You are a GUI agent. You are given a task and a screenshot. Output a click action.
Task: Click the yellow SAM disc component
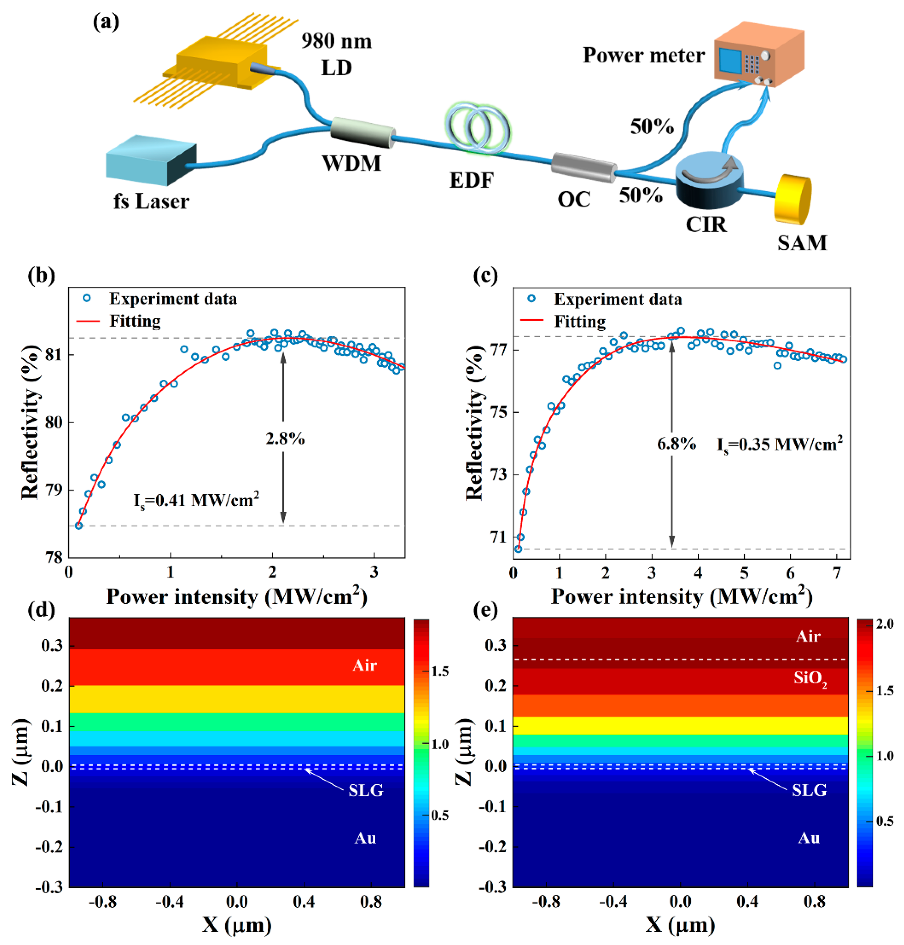tap(792, 200)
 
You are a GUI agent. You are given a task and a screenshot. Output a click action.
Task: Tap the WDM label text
tap(351, 163)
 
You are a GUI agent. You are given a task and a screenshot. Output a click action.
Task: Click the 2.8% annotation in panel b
tap(285, 439)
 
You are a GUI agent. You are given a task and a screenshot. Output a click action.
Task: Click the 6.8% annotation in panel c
tap(676, 443)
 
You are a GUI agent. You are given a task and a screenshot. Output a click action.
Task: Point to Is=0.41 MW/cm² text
tap(196, 500)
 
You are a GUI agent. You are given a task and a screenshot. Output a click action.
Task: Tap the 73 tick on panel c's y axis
tap(499, 475)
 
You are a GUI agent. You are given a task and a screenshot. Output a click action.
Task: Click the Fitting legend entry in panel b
tap(135, 321)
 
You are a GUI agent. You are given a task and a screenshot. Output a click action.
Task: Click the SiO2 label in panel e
tap(810, 679)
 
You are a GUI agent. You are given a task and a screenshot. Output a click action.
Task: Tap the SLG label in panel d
tap(366, 790)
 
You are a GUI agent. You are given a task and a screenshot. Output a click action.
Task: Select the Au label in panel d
tap(365, 839)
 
